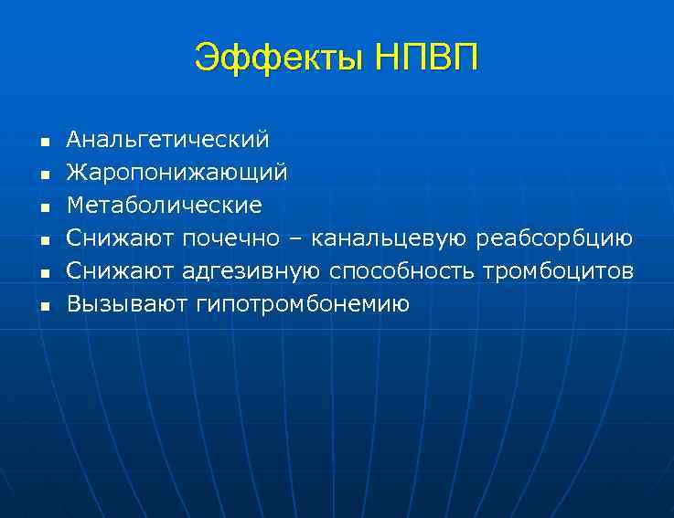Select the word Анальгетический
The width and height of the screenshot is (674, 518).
[167, 141]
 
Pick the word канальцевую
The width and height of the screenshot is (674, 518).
[389, 238]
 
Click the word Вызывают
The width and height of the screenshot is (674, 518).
[127, 303]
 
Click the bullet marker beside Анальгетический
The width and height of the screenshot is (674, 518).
[43, 143]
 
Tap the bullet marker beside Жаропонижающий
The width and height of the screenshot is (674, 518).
[43, 174]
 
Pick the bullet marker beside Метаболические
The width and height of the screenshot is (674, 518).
[43, 207]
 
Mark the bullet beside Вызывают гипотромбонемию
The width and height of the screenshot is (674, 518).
[43, 305]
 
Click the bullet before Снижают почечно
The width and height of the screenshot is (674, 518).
[43, 240]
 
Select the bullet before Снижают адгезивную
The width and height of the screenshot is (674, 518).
[43, 272]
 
